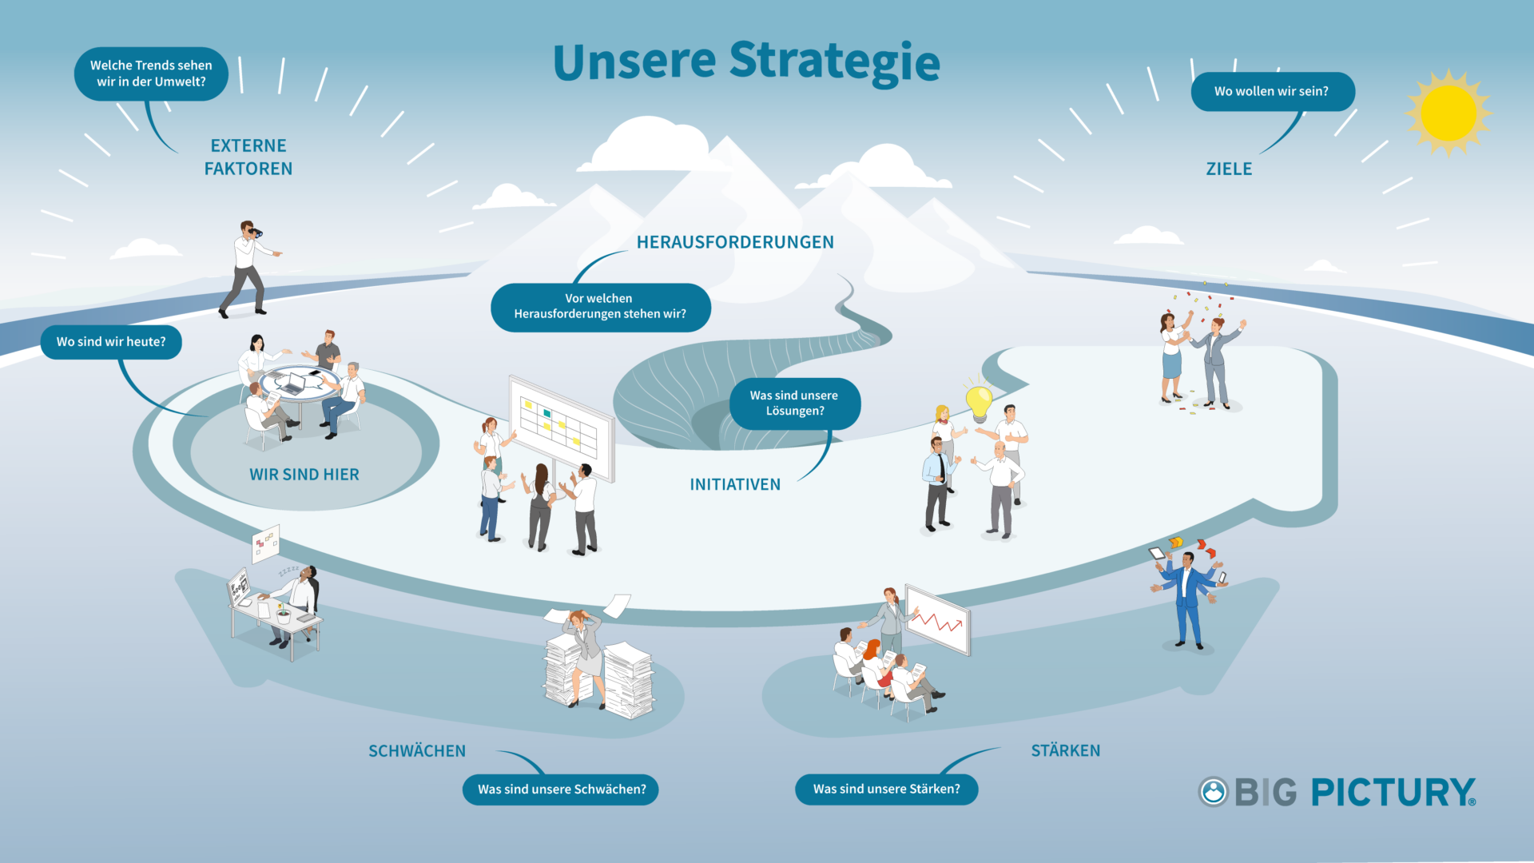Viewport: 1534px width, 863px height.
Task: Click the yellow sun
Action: (1449, 113)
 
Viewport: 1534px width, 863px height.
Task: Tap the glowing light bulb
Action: (979, 402)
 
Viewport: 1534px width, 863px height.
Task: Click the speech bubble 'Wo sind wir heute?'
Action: (111, 342)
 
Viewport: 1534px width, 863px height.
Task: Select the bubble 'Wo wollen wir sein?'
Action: (1272, 92)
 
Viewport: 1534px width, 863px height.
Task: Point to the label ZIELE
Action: (1229, 169)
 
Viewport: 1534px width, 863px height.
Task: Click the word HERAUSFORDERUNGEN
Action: (735, 242)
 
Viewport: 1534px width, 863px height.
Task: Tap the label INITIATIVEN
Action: (735, 484)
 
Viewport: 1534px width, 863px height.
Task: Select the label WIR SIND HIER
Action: (304, 475)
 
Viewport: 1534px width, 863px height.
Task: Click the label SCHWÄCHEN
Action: (417, 750)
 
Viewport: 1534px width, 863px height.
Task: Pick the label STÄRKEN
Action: (1066, 750)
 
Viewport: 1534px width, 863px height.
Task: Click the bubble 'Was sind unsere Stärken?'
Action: (887, 789)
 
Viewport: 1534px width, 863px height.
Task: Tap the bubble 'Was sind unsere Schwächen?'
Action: (561, 789)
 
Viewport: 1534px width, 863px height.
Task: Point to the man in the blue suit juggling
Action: (1188, 595)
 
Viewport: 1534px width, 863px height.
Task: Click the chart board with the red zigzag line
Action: (938, 619)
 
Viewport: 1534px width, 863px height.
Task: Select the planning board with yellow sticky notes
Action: (562, 428)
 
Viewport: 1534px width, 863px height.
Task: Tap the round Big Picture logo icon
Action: (1213, 792)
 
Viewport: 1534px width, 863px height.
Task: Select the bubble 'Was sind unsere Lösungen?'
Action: (795, 404)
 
